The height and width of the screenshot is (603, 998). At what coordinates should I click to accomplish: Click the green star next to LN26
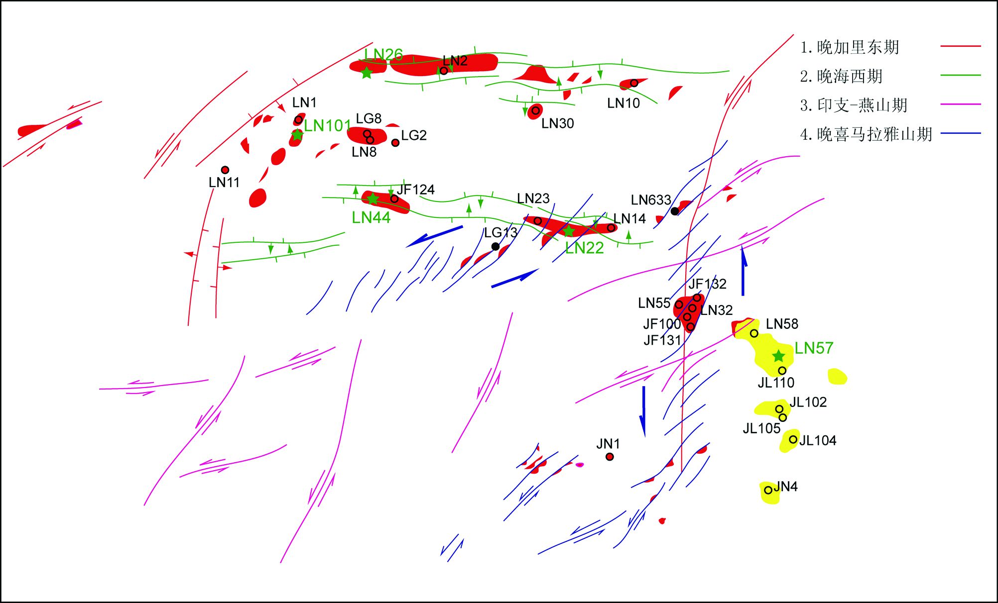pyautogui.click(x=367, y=73)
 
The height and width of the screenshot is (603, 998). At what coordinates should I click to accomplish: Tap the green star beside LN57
pyautogui.click(x=778, y=356)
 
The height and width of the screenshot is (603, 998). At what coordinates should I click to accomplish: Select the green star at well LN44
pyautogui.click(x=373, y=199)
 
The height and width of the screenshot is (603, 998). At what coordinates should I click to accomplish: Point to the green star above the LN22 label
pyautogui.click(x=569, y=231)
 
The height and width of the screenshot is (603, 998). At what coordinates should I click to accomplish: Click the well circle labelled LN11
pyautogui.click(x=225, y=170)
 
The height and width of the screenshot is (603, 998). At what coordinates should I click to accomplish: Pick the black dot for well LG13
pyautogui.click(x=495, y=246)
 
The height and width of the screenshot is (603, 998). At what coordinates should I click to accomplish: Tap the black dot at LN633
pyautogui.click(x=674, y=211)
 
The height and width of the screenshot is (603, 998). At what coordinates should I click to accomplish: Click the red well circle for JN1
pyautogui.click(x=610, y=457)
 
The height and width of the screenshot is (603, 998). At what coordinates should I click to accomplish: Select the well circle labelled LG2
pyautogui.click(x=395, y=143)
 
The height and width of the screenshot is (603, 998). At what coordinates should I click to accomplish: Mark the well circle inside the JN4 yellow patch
pyautogui.click(x=768, y=490)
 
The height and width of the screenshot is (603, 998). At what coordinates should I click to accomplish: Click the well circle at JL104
pyautogui.click(x=793, y=439)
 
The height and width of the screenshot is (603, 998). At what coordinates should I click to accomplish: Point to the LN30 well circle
pyautogui.click(x=535, y=110)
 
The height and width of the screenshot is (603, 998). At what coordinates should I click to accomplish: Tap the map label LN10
pyautogui.click(x=623, y=103)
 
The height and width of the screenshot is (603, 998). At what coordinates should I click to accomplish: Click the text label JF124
pyautogui.click(x=415, y=190)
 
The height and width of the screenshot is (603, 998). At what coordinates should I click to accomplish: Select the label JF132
pyautogui.click(x=707, y=284)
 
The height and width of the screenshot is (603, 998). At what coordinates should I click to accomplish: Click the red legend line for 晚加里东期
pyautogui.click(x=961, y=46)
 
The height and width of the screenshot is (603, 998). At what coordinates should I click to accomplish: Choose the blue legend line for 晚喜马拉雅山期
pyautogui.click(x=961, y=134)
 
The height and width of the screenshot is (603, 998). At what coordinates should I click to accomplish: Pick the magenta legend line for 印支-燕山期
pyautogui.click(x=961, y=104)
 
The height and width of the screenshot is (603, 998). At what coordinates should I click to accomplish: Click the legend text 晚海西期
pyautogui.click(x=850, y=76)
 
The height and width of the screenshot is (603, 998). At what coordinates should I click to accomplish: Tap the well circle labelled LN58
pyautogui.click(x=754, y=333)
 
